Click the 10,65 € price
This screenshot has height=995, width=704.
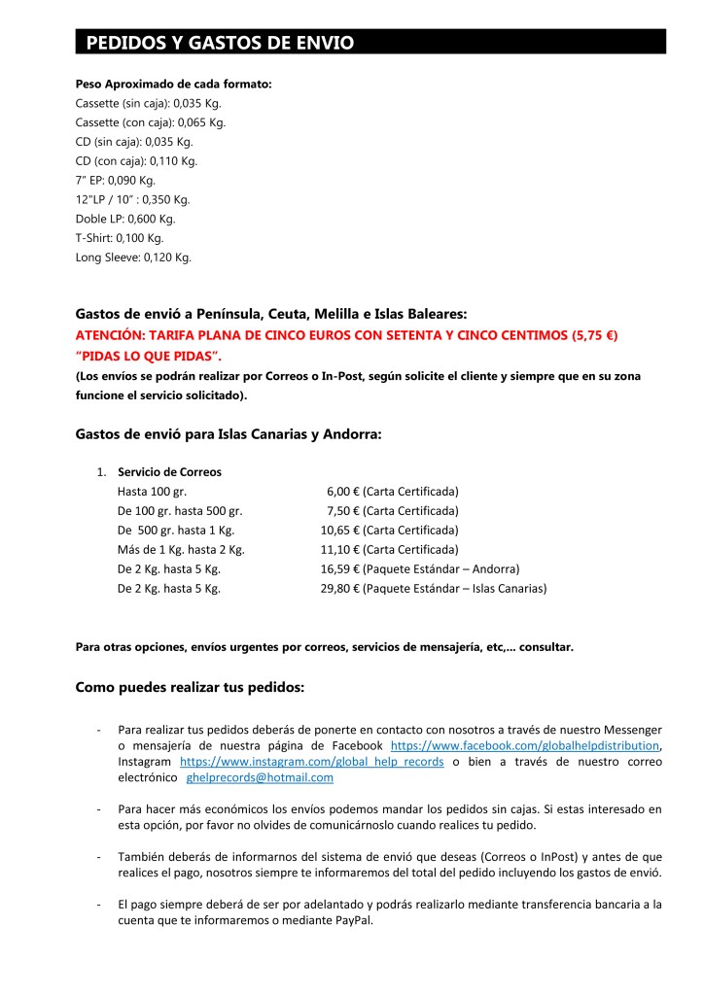tap(340, 531)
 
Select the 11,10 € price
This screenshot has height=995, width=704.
tap(340, 550)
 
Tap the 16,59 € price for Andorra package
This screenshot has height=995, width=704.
tap(340, 569)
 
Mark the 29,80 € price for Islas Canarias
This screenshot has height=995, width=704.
tap(340, 589)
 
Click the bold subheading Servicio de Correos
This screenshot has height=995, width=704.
tap(169, 472)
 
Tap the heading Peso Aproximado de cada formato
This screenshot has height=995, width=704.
tap(173, 84)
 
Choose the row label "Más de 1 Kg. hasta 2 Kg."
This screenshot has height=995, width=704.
tap(181, 550)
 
